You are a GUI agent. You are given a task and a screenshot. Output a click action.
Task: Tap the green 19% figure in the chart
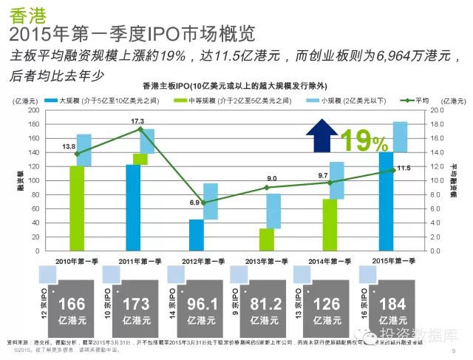pyautogui.click(x=363, y=140)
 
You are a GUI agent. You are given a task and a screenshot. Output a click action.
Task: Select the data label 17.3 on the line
pyautogui.click(x=137, y=120)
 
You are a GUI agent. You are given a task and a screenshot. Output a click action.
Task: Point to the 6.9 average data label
pyautogui.click(x=195, y=202)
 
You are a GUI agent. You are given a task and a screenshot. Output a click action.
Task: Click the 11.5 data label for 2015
pyautogui.click(x=404, y=168)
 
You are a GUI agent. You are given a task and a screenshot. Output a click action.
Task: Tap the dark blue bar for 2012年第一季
pyautogui.click(x=197, y=235)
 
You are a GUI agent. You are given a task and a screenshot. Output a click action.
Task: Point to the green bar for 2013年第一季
pyautogui.click(x=267, y=240)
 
